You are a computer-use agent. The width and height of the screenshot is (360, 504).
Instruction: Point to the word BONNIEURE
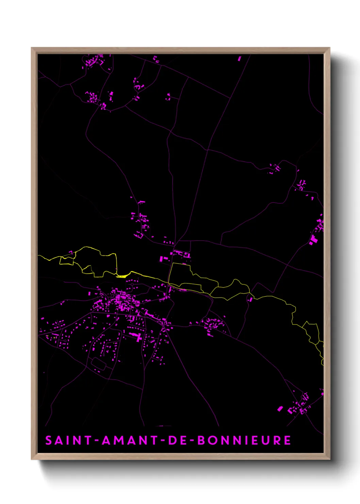(x=244, y=440)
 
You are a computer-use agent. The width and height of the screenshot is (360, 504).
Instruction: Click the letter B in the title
(x=201, y=440)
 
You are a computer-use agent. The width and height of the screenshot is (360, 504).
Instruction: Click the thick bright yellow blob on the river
(x=122, y=276)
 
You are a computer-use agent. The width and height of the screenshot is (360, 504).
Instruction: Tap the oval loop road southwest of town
(x=99, y=364)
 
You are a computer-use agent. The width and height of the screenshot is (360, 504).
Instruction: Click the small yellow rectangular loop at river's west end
(x=67, y=261)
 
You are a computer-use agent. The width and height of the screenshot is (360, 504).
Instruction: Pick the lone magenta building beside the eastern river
(x=251, y=299)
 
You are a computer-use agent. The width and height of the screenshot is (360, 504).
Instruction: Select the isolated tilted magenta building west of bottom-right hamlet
(x=280, y=408)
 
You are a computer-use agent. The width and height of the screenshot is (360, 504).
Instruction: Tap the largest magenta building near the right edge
(x=313, y=239)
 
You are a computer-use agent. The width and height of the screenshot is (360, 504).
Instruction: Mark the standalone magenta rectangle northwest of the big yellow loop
(x=162, y=259)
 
